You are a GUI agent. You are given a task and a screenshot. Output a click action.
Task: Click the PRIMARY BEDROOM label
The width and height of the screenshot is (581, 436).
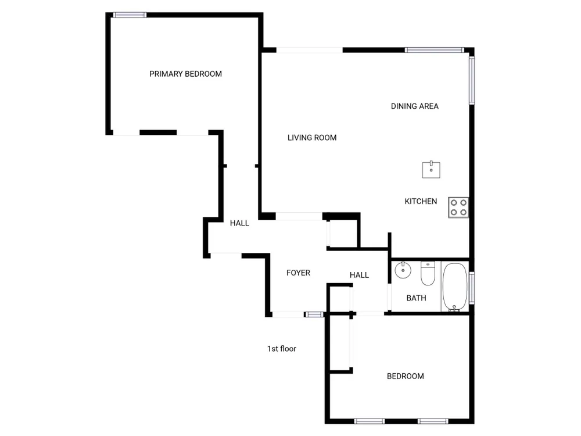(x=185, y=74)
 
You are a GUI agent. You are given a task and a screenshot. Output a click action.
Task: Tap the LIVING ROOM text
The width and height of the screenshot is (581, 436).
(x=312, y=138)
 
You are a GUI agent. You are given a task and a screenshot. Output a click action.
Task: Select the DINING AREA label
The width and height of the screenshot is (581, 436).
(x=415, y=106)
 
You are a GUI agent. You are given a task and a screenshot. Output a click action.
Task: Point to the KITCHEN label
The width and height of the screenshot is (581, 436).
(x=421, y=201)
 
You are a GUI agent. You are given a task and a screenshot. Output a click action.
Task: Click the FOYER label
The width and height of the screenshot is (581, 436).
(x=298, y=273)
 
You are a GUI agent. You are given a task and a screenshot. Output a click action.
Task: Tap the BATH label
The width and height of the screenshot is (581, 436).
(x=416, y=298)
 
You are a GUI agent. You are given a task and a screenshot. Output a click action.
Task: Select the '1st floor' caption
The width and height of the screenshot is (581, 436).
(x=282, y=348)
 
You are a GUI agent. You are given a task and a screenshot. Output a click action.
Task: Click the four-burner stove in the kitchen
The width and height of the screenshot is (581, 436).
(x=458, y=208)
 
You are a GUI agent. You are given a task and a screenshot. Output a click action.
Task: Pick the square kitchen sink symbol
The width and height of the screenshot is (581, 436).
(x=431, y=169)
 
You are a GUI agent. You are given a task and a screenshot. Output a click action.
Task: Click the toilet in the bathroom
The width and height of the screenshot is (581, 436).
(x=428, y=273)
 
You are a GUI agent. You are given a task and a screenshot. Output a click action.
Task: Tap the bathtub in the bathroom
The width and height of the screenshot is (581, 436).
(x=455, y=287)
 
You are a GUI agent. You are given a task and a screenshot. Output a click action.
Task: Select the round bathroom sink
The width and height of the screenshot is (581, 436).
(x=403, y=270)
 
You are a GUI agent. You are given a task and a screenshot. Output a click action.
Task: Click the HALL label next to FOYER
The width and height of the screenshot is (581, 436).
(x=359, y=275)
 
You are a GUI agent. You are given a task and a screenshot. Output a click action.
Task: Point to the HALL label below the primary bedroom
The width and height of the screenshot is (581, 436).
(x=239, y=223)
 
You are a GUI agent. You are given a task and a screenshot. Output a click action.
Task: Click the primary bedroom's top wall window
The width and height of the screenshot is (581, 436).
(x=130, y=15)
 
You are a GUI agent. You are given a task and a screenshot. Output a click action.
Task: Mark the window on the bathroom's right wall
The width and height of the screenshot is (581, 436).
(x=472, y=288)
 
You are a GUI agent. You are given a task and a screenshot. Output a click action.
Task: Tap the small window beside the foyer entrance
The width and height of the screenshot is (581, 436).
(x=314, y=315)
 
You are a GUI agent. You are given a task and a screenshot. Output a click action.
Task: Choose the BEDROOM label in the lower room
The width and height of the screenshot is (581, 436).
(x=406, y=376)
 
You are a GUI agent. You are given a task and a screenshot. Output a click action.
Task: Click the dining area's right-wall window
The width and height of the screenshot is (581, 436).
(x=472, y=80)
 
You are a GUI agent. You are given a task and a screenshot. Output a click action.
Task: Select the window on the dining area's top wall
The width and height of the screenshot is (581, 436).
(x=434, y=50)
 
